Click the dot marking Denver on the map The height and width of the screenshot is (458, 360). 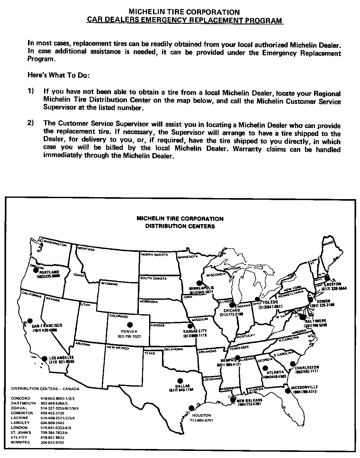(x=130, y=325)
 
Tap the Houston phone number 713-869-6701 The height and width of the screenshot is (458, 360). (x=202, y=420)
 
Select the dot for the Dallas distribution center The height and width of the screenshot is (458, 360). (x=180, y=380)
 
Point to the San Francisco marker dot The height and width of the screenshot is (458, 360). (x=30, y=321)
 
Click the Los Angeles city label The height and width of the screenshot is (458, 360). (x=61, y=358)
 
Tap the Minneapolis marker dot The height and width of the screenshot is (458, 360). (x=199, y=283)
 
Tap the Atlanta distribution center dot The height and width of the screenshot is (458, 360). (x=265, y=368)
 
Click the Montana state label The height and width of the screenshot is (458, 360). (x=86, y=249)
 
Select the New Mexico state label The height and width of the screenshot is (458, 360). (x=118, y=348)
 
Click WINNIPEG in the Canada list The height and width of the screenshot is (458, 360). (x=20, y=443)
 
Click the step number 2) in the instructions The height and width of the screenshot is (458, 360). (x=31, y=123)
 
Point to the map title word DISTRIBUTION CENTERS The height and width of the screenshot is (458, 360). (x=180, y=226)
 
